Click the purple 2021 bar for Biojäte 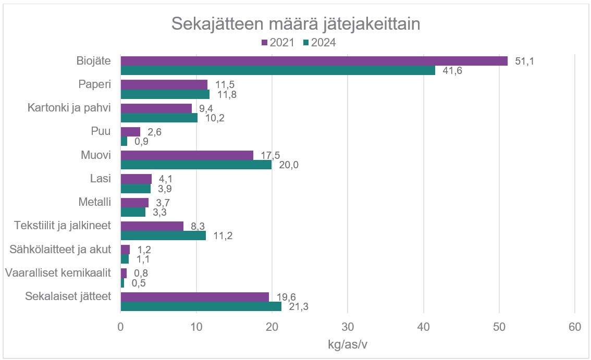pyautogui.click(x=314, y=61)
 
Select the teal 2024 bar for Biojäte pyautogui.click(x=278, y=70)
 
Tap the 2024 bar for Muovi pyautogui.click(x=196, y=165)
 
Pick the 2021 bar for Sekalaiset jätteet pyautogui.click(x=194, y=297)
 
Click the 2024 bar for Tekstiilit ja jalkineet pyautogui.click(x=163, y=235)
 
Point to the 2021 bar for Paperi pyautogui.click(x=164, y=84)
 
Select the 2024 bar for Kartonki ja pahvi pyautogui.click(x=159, y=118)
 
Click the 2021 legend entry pyautogui.click(x=278, y=43)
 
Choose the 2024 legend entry pyautogui.click(x=319, y=43)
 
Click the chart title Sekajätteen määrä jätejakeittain pyautogui.click(x=295, y=24)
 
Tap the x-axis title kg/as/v pyautogui.click(x=347, y=345)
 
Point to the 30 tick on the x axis pyautogui.click(x=348, y=327)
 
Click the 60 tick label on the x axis pyautogui.click(x=575, y=327)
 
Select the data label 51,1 pyautogui.click(x=525, y=61)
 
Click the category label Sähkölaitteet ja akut pyautogui.click(x=61, y=250)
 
